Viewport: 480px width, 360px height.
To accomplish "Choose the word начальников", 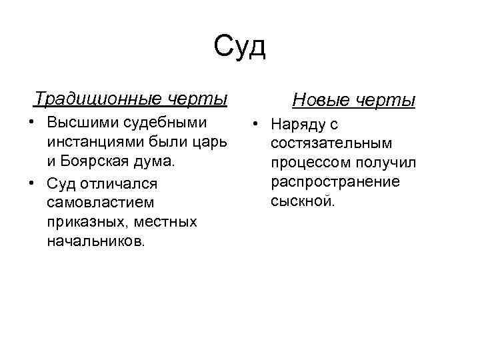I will [x=95, y=239].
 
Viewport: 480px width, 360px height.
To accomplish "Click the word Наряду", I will [x=299, y=125].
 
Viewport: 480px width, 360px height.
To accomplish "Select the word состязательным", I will [x=331, y=143].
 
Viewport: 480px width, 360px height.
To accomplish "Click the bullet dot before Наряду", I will [x=255, y=125].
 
